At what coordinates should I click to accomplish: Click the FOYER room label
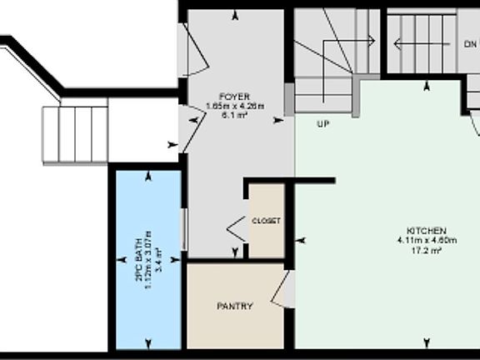pyautogui.click(x=235, y=97)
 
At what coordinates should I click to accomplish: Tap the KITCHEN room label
pyautogui.click(x=427, y=230)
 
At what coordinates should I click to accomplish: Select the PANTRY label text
pyautogui.click(x=235, y=306)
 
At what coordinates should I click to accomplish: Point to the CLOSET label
pyautogui.click(x=267, y=221)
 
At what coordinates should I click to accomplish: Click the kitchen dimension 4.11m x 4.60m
pyautogui.click(x=427, y=240)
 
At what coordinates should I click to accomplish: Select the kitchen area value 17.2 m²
pyautogui.click(x=427, y=250)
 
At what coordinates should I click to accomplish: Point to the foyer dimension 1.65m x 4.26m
pyautogui.click(x=235, y=106)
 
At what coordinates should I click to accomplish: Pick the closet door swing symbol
pyautogui.click(x=237, y=226)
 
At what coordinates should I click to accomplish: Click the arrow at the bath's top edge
pyautogui.click(x=148, y=176)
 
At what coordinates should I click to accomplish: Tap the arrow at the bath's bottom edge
pyautogui.click(x=148, y=342)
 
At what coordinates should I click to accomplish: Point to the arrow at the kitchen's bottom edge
pyautogui.click(x=427, y=342)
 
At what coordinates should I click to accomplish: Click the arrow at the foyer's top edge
pyautogui.click(x=236, y=15)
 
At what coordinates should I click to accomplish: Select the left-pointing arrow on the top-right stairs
pyautogui.click(x=398, y=42)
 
